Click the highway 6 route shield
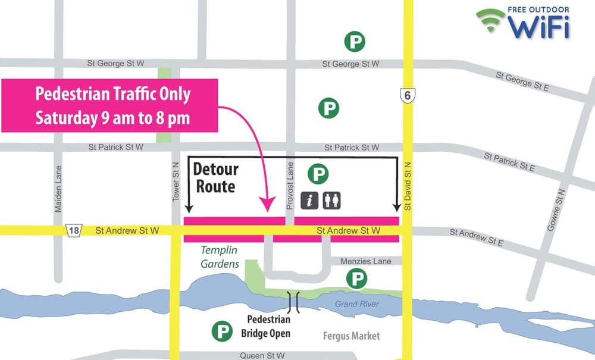[406, 94]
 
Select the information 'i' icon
[309, 201]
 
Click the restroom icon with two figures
[331, 201]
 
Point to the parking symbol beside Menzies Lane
[356, 278]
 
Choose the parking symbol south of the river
[223, 331]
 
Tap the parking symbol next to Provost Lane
[318, 174]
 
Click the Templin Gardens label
[220, 257]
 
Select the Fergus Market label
[351, 336]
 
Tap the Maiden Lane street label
[58, 189]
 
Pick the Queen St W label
[262, 355]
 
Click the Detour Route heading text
[215, 177]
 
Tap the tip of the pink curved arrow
[267, 210]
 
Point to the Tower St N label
[176, 181]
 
